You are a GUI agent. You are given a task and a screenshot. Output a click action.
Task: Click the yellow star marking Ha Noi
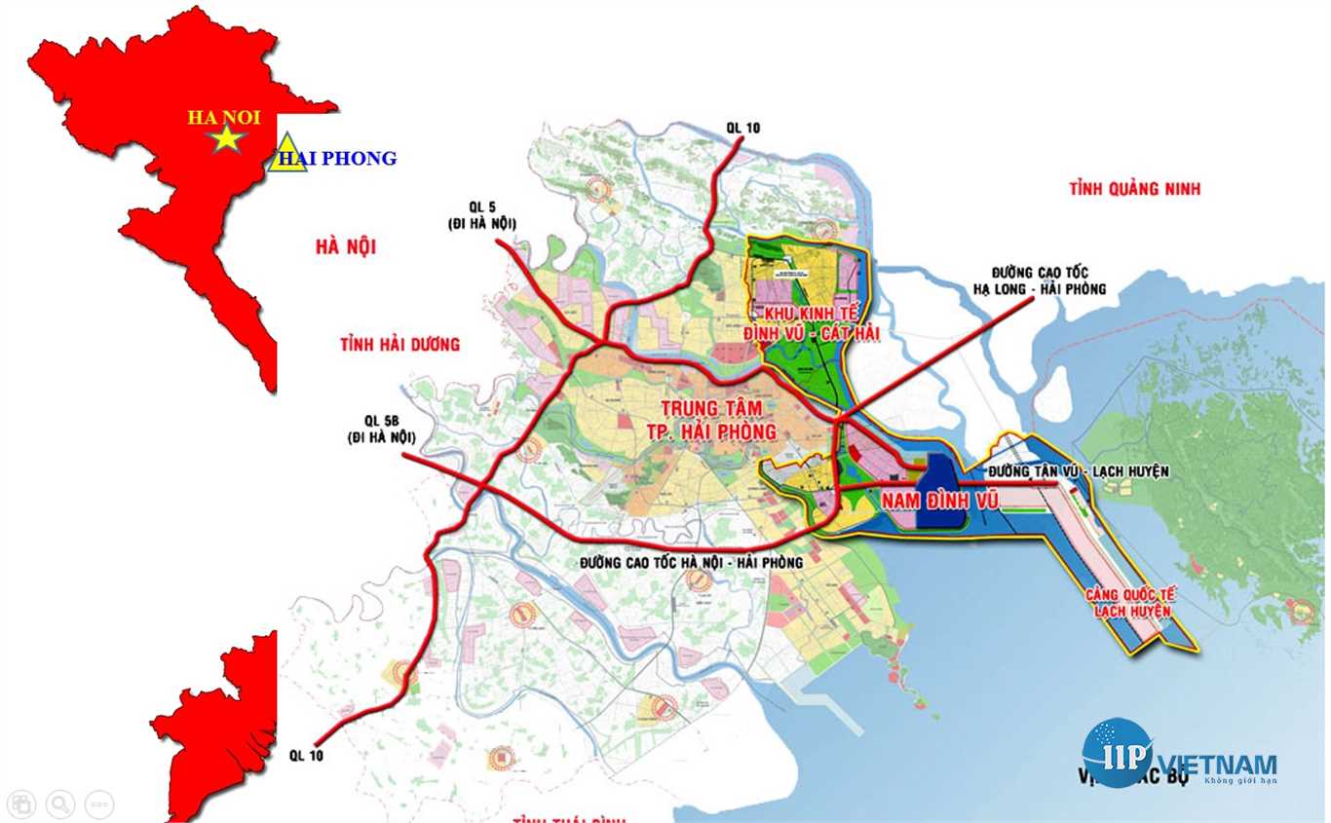coord(226,138)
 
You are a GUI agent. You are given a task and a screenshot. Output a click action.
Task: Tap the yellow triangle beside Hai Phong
coord(286,156)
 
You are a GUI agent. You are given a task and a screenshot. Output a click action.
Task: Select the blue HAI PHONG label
coord(337,158)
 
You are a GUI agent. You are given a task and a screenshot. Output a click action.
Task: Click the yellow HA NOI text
coord(224,117)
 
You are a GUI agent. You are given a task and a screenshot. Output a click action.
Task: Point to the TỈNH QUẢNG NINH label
coord(1134,189)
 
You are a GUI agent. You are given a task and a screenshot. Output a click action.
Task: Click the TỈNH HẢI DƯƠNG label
coord(399,344)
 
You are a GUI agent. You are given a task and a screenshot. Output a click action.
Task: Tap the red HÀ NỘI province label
coord(345,247)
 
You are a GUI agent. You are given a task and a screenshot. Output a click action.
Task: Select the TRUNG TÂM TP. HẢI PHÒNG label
coord(719,419)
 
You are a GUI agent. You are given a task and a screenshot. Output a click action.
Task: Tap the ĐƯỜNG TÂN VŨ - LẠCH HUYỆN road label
coord(1078,471)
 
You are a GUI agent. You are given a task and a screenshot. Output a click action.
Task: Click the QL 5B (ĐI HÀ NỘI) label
coord(379,430)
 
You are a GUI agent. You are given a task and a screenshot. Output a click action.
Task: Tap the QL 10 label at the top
coord(742,128)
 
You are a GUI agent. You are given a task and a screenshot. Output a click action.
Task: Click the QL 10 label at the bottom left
coord(306,755)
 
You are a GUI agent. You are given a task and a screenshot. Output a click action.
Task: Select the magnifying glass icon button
coord(59,804)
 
